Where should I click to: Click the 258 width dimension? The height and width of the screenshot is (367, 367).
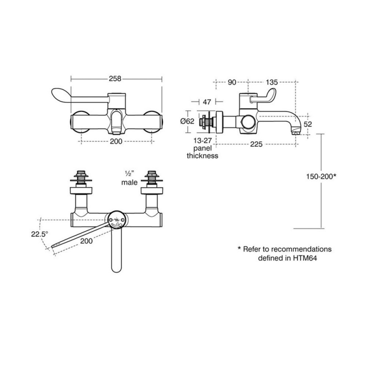[115, 78]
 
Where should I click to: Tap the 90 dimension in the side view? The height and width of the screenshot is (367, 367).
[232, 83]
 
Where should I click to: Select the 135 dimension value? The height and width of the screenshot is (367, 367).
[272, 83]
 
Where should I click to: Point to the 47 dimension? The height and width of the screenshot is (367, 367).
[207, 102]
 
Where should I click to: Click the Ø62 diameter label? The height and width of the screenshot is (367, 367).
[187, 121]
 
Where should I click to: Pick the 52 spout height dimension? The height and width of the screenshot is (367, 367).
[307, 124]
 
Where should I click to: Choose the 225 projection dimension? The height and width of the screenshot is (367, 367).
[256, 144]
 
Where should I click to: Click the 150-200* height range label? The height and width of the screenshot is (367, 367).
[321, 176]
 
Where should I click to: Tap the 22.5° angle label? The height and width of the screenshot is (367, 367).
[39, 234]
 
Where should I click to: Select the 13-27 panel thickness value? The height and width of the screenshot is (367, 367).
[202, 141]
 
